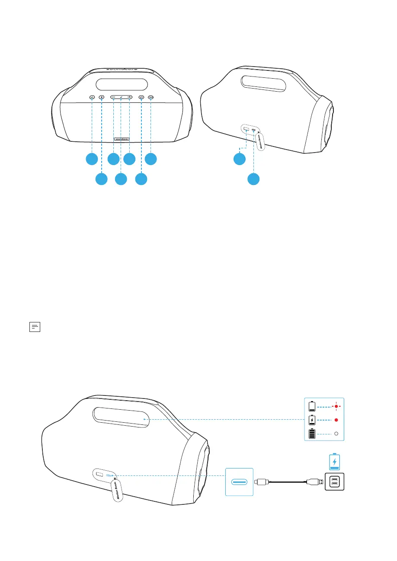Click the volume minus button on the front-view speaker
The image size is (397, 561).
[x=113, y=98]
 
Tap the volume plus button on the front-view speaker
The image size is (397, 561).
[x=129, y=98]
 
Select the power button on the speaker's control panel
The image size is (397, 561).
[x=141, y=98]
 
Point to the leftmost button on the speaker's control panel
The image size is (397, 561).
[x=92, y=98]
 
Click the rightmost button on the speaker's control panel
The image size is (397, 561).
[x=150, y=98]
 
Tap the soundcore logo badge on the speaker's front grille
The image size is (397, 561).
[x=122, y=139]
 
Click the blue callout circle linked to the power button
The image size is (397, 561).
[x=141, y=178]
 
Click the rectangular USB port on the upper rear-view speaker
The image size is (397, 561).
[x=246, y=129]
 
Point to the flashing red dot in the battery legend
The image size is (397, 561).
[x=336, y=406]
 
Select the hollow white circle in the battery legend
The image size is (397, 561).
[x=336, y=433]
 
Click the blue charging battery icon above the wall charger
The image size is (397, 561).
[x=334, y=462]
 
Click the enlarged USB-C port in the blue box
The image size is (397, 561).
[x=239, y=482]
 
